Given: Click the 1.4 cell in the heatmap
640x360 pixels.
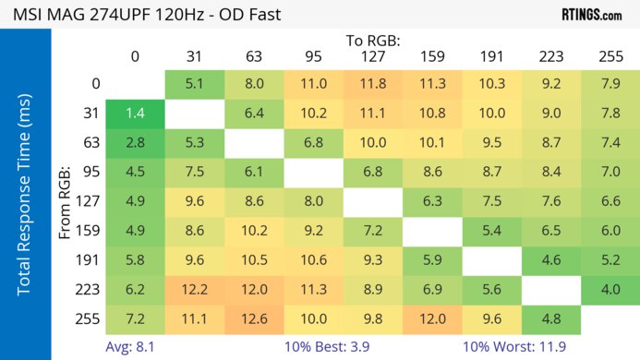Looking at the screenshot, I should coord(135,114).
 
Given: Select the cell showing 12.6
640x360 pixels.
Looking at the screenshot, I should coord(254,320).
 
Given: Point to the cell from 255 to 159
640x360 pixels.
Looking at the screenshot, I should coord(432,320).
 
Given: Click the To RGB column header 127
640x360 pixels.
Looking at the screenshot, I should coord(373,56).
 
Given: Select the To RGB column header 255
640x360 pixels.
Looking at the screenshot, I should coord(610,56).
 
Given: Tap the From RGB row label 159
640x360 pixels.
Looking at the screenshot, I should coord(90,232).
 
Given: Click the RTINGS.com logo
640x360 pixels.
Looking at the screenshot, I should coord(591,15).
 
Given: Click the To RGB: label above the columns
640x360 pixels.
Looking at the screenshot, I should coord(372,41).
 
